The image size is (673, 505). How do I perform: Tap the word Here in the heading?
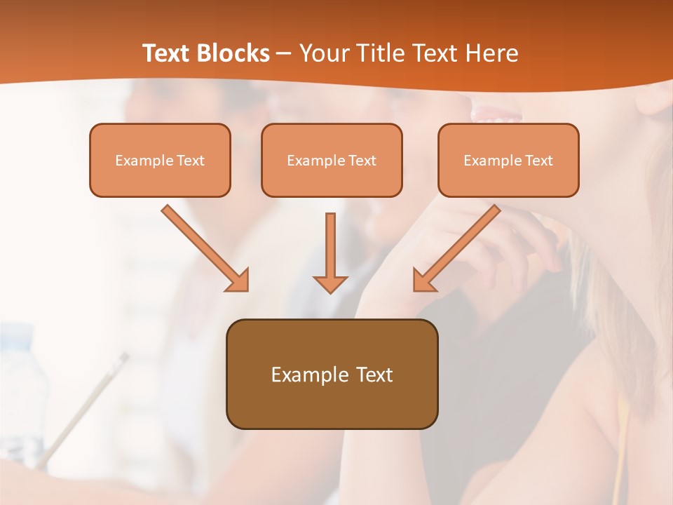coord(493,53)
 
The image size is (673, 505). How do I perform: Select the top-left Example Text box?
coord(160,161)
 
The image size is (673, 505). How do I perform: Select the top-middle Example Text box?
coord(332,161)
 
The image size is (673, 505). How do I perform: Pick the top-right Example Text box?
coord(508,161)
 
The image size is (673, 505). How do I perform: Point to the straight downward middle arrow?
coord(330,245)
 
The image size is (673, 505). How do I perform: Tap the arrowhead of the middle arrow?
coord(330,283)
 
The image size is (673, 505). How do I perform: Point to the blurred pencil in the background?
coord(84,407)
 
